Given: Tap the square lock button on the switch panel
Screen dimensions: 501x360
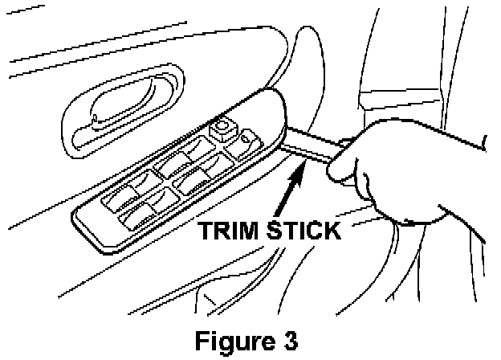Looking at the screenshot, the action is click(x=222, y=129).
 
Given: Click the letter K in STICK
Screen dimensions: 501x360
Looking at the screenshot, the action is click(x=330, y=233).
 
